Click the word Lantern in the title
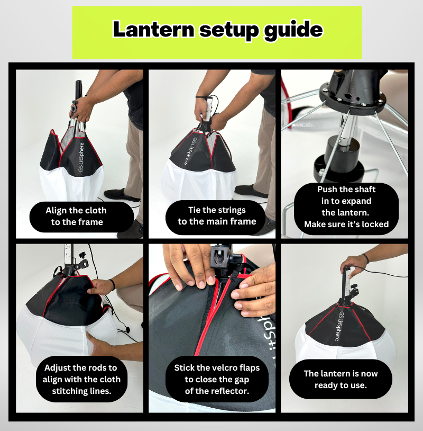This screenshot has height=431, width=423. [153, 30]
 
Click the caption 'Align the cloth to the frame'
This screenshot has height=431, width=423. [76, 216]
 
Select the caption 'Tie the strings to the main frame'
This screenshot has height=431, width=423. [217, 216]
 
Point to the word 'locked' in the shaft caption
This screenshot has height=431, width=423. [375, 225]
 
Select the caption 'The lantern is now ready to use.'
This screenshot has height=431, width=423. [341, 379]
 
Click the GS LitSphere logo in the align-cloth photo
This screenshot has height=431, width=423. [81, 157]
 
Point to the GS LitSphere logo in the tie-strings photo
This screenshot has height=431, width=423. [189, 150]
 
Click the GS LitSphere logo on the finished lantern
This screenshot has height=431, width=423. [339, 326]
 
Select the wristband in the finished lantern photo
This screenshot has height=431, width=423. [365, 258]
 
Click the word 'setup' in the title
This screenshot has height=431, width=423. [229, 31]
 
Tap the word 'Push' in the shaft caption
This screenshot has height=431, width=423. [327, 190]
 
